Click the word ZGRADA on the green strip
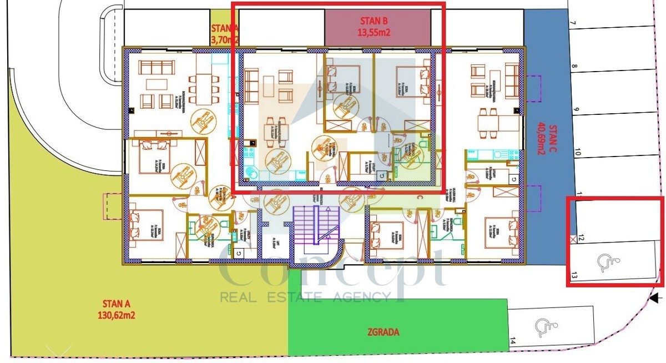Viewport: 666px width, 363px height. click(x=383, y=332)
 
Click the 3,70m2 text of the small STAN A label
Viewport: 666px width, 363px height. click(x=225, y=40)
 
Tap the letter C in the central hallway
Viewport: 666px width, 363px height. click(x=420, y=198)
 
